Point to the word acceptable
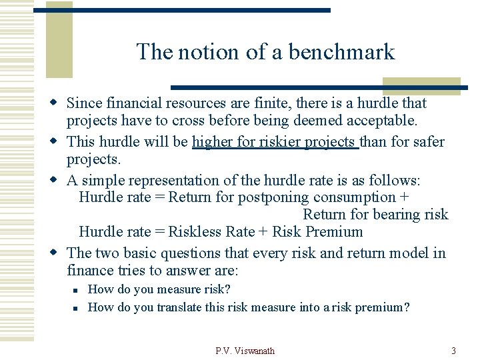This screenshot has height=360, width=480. [x=379, y=121]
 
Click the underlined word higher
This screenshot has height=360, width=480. [x=213, y=142]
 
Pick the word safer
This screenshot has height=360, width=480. [x=425, y=142]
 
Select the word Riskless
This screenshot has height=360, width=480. [x=193, y=232]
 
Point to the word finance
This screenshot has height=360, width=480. [x=91, y=271]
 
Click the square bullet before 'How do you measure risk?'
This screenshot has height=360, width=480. [x=77, y=290]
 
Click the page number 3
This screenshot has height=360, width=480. [x=453, y=351]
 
